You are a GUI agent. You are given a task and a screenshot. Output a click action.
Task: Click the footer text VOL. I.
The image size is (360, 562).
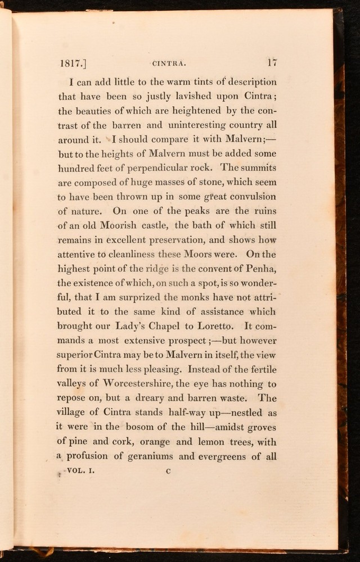(81, 472)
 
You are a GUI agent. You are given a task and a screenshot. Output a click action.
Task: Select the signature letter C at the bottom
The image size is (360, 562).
(168, 472)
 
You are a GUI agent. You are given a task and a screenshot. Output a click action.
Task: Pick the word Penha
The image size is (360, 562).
(260, 268)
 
